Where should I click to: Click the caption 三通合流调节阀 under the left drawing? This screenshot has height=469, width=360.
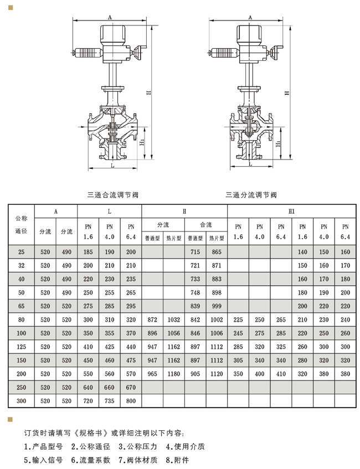[113, 195]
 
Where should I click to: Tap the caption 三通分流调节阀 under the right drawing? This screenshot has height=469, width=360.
[251, 195]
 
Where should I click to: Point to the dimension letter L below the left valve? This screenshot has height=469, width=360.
[112, 166]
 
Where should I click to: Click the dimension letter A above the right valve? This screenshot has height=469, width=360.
[250, 17]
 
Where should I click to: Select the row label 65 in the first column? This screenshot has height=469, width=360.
[21, 306]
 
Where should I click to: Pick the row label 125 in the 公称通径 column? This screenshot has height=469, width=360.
[21, 347]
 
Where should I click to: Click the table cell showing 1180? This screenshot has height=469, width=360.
[173, 374]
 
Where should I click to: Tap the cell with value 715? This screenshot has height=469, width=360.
[195, 252]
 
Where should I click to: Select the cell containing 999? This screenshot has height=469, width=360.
[217, 306]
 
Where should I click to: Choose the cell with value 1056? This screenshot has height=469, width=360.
[173, 333]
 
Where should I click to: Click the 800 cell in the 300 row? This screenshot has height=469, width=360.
[131, 401]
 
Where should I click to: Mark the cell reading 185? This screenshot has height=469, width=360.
[88, 252]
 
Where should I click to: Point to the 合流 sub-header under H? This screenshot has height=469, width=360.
[206, 225]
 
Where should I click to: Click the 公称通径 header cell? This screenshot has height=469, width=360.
[21, 225]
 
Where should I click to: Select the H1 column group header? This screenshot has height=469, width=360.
[291, 212]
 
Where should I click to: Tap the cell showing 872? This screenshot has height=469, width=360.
[152, 319]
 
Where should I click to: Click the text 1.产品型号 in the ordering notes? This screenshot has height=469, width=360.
[43, 446]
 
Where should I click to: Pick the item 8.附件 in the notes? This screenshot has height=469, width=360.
[177, 460]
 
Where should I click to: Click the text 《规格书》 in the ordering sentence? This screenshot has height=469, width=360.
[91, 433]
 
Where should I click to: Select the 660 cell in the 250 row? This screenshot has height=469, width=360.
[109, 388]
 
